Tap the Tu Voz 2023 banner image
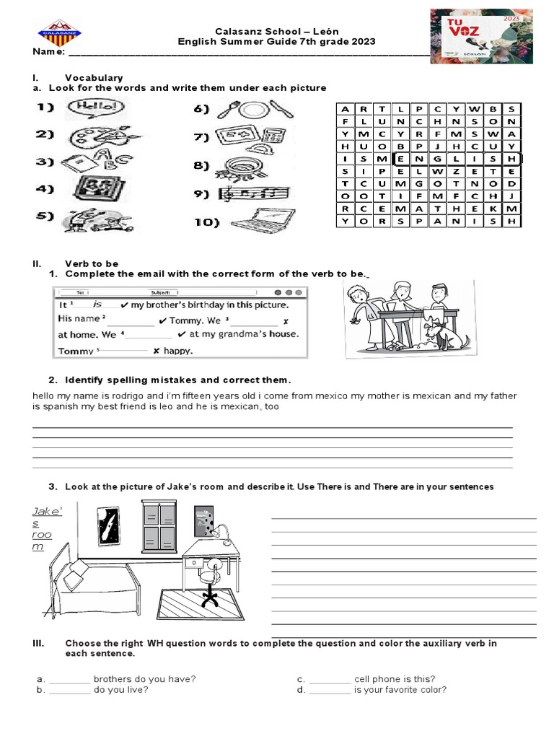pos(481,35)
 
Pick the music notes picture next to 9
pos(258,193)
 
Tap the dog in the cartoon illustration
pos(447,336)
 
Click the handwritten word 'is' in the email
pos(99,305)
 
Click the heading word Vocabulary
pos(94,77)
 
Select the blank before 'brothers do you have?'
pos(70,679)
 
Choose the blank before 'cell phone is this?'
pos(330,679)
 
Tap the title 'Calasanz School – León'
pos(277,31)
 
